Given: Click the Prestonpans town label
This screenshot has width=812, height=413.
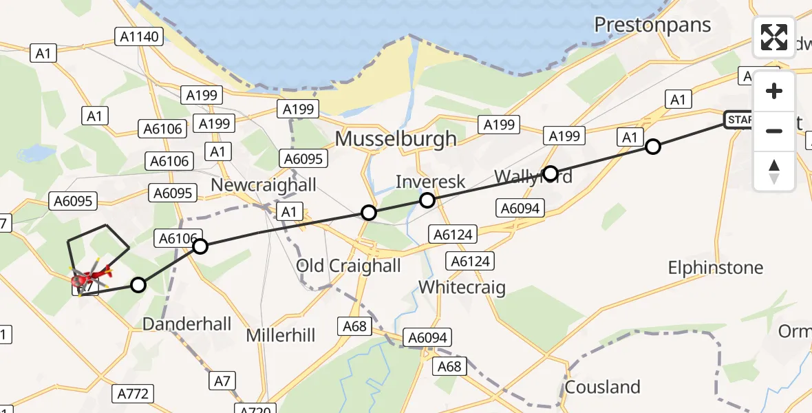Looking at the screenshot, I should click(x=652, y=25).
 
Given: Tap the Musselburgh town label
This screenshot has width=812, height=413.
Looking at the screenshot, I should click(x=396, y=138).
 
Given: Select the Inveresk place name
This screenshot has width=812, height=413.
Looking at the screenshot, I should click(x=431, y=182).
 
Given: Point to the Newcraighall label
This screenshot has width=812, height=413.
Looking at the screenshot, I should click(x=264, y=184).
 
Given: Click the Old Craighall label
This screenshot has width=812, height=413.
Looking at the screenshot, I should click(x=348, y=266).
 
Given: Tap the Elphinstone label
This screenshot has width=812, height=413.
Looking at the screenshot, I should click(x=716, y=267).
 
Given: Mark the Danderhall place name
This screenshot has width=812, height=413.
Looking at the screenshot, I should click(x=186, y=324).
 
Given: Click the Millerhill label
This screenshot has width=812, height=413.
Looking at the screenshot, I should click(x=281, y=335).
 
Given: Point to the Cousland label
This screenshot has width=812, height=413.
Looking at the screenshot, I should click(x=602, y=387).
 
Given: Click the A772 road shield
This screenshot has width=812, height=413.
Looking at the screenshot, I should click(x=133, y=394).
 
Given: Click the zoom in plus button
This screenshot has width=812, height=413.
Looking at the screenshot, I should click(x=774, y=91).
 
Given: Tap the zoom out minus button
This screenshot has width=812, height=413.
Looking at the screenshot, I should click(x=774, y=130).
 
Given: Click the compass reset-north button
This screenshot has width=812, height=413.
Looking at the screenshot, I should click(x=774, y=170).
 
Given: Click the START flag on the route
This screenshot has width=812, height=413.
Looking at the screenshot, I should click(x=740, y=120).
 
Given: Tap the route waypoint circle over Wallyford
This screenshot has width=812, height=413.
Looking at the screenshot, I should click(x=550, y=173).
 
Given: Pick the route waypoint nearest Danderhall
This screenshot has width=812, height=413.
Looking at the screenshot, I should click(x=138, y=285).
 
